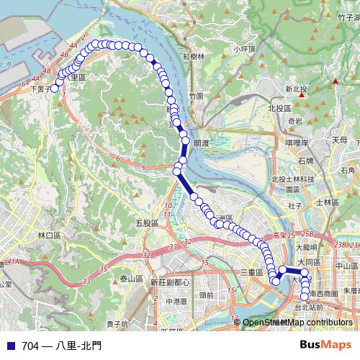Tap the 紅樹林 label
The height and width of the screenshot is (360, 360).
coord(194,56)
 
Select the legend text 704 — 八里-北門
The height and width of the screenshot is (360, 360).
coord(61,346)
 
